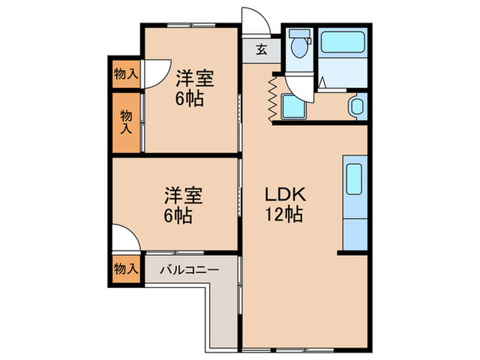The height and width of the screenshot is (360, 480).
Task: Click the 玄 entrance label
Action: [262, 49]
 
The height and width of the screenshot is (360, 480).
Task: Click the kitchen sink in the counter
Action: [355, 179]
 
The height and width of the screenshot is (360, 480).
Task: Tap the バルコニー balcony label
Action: [189, 269]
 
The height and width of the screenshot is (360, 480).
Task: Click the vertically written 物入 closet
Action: [126, 121]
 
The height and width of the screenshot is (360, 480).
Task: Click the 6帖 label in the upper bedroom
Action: [189, 98]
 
